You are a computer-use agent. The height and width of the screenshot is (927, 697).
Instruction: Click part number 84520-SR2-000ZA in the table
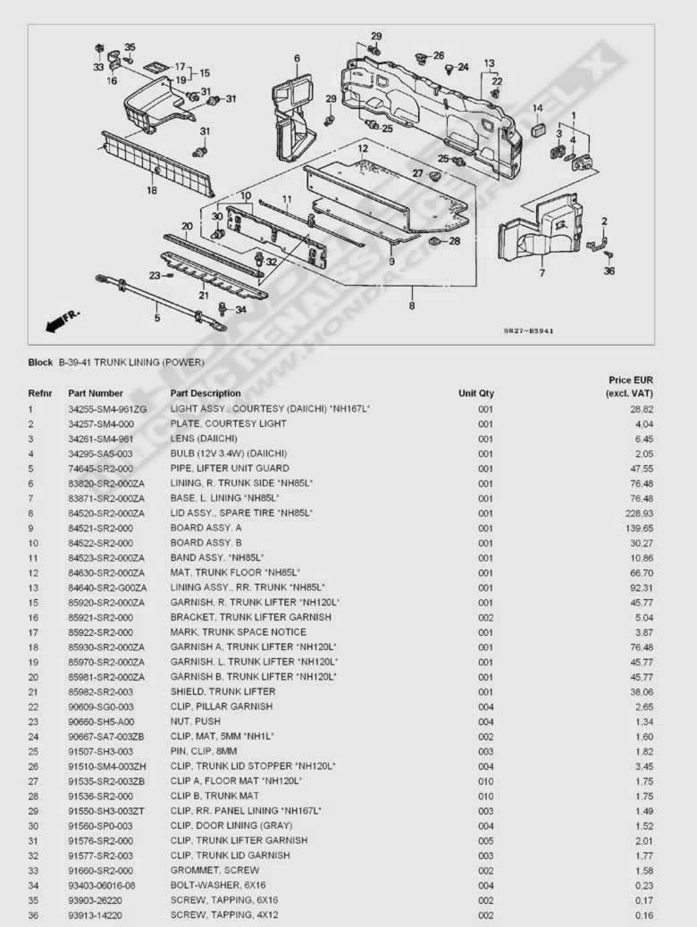(x=106, y=514)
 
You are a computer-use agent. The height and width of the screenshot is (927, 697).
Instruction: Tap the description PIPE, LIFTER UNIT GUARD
(x=230, y=469)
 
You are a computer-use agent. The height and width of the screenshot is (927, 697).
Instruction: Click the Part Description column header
(x=206, y=393)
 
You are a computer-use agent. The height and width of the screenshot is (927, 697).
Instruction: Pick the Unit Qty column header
(x=476, y=393)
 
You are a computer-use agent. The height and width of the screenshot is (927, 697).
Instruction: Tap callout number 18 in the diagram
(x=152, y=190)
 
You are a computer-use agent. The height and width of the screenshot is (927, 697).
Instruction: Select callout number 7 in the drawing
(x=542, y=273)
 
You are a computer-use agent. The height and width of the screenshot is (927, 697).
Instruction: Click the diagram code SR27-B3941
(x=528, y=331)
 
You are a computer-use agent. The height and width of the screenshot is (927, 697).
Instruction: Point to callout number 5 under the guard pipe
(x=156, y=317)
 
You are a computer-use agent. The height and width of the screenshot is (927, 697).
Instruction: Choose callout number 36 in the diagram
(x=609, y=271)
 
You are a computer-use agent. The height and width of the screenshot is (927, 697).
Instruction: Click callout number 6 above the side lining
(x=297, y=59)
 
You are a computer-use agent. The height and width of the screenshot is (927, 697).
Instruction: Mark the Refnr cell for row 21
(x=32, y=692)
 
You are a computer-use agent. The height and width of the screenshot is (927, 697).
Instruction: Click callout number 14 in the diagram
(x=538, y=108)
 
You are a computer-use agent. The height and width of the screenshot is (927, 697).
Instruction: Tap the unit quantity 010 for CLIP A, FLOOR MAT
(x=485, y=781)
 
